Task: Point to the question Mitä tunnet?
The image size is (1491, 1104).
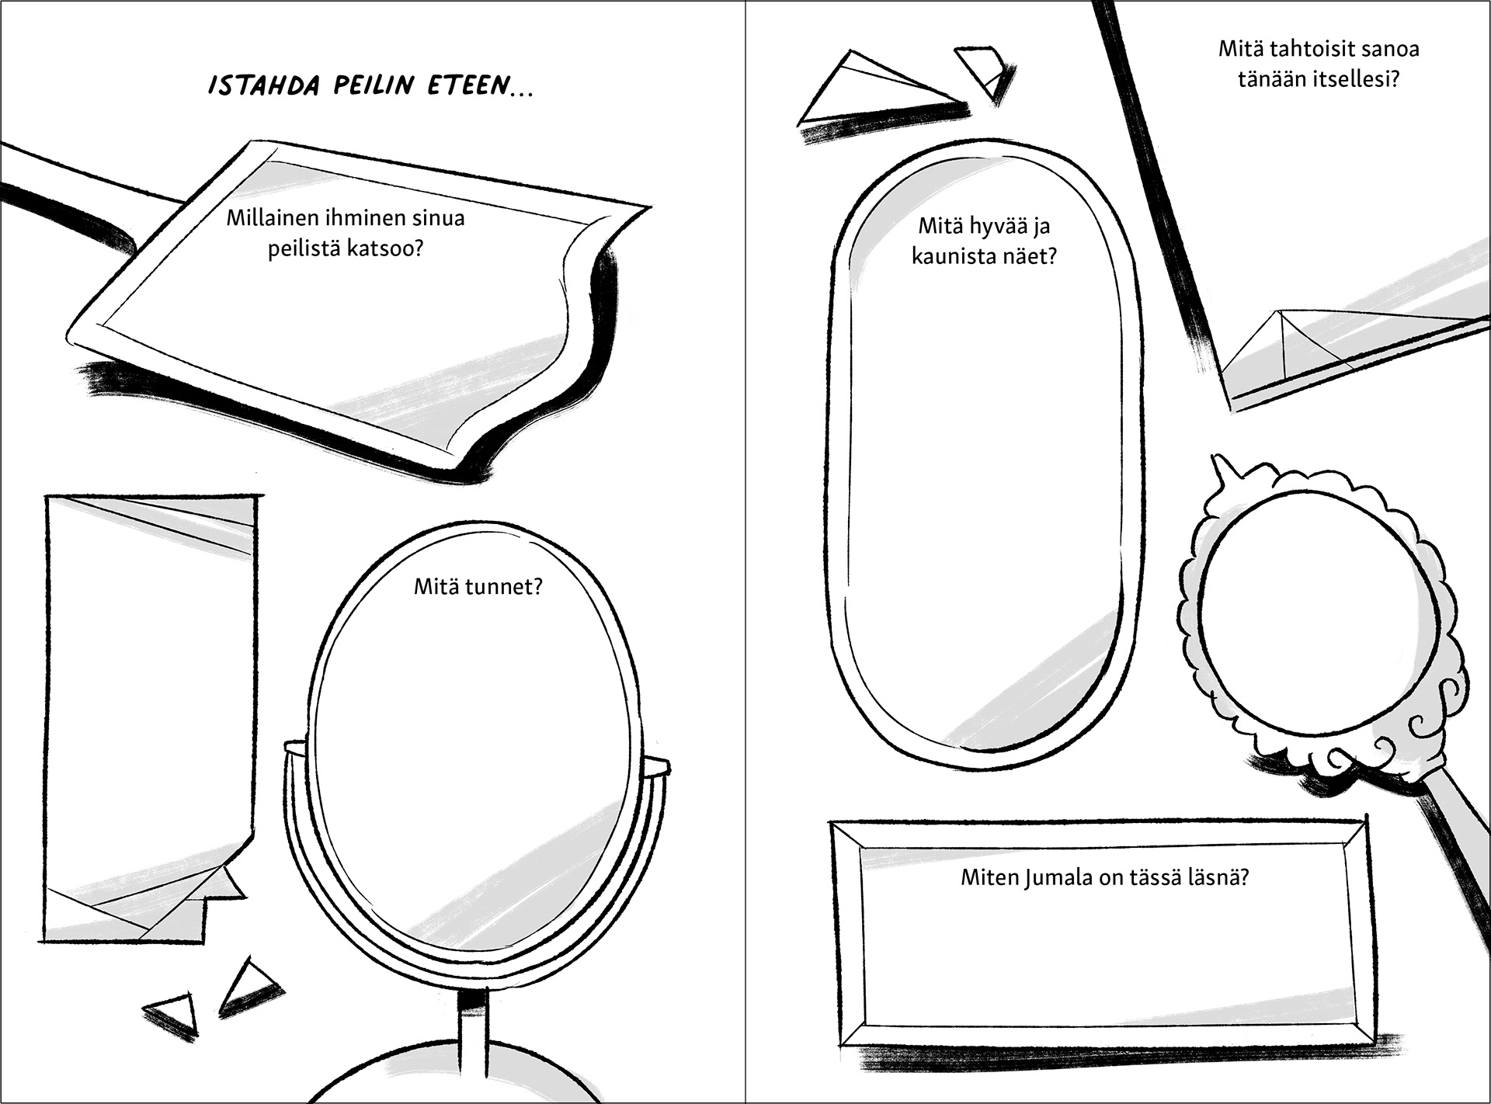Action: click(x=478, y=586)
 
